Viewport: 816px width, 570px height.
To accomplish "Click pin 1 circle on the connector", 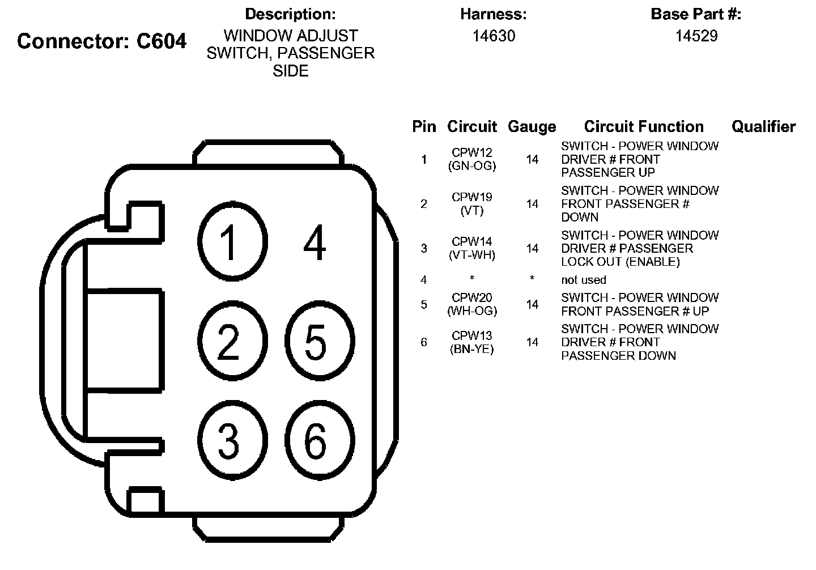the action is click(x=231, y=242).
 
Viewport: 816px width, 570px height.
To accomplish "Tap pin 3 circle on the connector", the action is click(x=231, y=440).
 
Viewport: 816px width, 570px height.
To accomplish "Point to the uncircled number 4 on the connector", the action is click(x=315, y=242).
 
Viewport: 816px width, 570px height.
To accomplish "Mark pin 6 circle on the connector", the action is click(x=318, y=440).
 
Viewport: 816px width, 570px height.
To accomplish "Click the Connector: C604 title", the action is click(x=102, y=41).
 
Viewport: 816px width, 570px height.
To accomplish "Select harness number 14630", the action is click(x=494, y=36).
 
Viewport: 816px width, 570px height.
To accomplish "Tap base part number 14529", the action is click(x=696, y=36).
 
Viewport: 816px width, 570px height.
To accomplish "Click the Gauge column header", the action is click(x=532, y=127).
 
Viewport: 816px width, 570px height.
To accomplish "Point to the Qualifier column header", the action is click(x=763, y=126).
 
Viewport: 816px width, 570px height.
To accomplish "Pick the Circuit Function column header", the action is click(x=644, y=126).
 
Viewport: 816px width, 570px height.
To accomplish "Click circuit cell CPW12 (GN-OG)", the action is click(x=472, y=159).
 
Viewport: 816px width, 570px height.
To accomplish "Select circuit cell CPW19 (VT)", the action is click(x=472, y=204).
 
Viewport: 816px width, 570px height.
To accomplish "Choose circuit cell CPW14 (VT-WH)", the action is click(x=472, y=248).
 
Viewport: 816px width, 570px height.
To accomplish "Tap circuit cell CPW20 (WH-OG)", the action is click(x=472, y=304).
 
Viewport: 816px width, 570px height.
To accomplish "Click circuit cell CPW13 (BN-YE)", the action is click(x=472, y=342).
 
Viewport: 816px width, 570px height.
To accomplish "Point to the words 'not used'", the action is click(x=584, y=280).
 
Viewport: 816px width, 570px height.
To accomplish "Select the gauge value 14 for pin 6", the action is click(x=532, y=342).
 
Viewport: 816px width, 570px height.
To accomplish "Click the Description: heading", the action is click(x=290, y=14).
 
